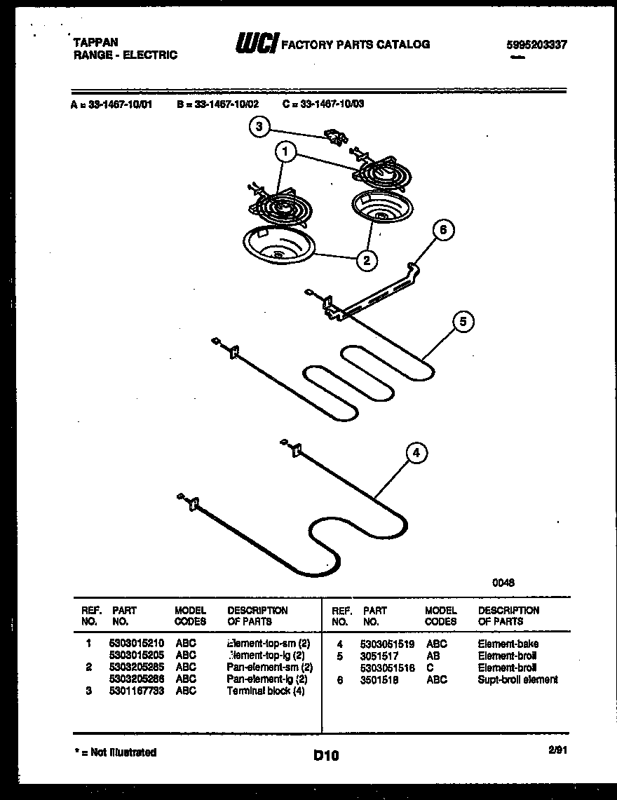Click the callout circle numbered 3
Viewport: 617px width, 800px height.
pos(259,127)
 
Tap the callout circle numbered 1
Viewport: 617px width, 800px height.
pos(284,151)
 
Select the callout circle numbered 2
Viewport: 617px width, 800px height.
pos(365,261)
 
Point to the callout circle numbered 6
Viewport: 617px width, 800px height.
pos(442,230)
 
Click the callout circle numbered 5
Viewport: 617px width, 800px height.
pos(462,322)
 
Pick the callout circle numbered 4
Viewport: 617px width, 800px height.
pos(416,453)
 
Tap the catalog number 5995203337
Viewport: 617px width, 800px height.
pos(536,44)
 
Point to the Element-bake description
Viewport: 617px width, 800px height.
pos(508,644)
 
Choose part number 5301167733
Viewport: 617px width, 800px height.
pos(137,691)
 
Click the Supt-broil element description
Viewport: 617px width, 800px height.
pos(517,679)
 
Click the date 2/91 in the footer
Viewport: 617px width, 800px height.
pos(558,750)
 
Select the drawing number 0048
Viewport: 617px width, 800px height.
pos(503,581)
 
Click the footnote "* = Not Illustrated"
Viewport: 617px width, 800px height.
pos(115,752)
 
